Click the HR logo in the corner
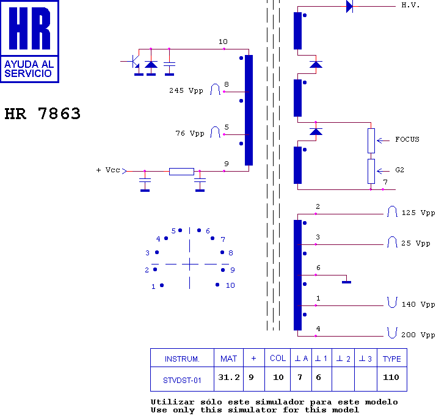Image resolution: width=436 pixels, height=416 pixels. tap(30, 41)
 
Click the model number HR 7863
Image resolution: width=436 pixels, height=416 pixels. tap(42, 114)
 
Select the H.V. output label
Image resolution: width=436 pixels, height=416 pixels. tap(410, 5)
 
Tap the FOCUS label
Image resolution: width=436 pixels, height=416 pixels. tap(407, 140)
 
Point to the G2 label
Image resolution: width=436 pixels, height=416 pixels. tap(400, 170)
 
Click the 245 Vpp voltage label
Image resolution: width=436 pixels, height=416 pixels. tap(186, 90)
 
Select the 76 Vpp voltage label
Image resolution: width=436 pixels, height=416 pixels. tap(189, 133)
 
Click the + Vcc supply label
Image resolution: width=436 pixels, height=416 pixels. tap(108, 170)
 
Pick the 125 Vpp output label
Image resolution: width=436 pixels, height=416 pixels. tap(418, 213)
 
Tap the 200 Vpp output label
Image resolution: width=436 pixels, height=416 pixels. tap(418, 335)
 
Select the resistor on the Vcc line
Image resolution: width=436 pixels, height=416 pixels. tap(181, 172)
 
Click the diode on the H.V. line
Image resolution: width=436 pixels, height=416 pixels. tap(349, 7)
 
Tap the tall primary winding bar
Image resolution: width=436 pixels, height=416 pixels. tap(249, 110)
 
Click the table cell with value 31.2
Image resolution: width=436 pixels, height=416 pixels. tap(228, 378)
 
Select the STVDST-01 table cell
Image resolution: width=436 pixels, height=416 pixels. tap(181, 379)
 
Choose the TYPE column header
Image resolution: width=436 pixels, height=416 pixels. tap(392, 359)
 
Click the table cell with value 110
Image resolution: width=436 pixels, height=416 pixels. tap(391, 378)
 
